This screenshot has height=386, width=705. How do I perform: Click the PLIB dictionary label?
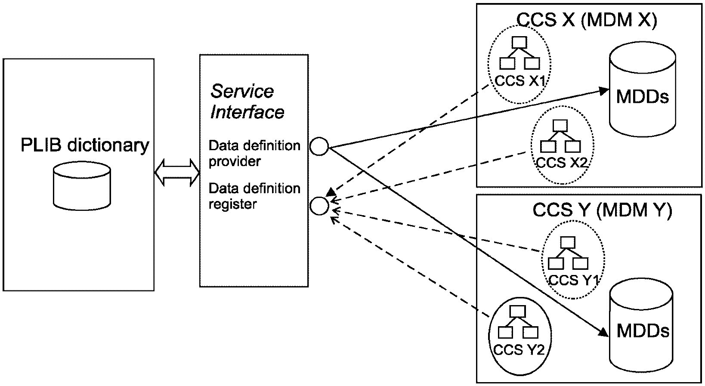click(85, 145)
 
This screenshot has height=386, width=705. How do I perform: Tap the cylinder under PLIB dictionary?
click(82, 186)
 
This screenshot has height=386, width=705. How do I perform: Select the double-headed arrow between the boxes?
click(177, 173)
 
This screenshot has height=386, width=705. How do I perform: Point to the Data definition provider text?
click(254, 154)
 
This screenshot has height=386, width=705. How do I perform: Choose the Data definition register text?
click(254, 196)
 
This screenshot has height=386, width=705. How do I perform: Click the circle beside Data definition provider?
click(319, 146)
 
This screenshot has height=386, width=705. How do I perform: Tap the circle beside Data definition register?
click(319, 206)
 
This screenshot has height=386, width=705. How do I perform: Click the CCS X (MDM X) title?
click(587, 20)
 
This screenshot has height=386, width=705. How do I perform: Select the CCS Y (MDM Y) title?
click(602, 210)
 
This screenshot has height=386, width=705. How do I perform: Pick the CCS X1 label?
click(519, 81)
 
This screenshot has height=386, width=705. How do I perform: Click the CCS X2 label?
click(562, 163)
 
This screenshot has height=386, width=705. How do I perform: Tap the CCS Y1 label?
click(573, 280)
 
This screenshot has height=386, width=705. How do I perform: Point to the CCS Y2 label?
click(519, 350)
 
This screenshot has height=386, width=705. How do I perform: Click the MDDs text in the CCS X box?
click(642, 96)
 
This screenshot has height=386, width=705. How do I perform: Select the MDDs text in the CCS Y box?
click(643, 331)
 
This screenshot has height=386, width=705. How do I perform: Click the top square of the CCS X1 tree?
click(519, 43)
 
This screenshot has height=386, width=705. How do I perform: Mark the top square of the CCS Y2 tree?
click(518, 312)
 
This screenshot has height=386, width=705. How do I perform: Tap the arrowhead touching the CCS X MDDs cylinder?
click(604, 91)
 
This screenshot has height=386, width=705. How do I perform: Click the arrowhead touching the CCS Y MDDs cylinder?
click(603, 332)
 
